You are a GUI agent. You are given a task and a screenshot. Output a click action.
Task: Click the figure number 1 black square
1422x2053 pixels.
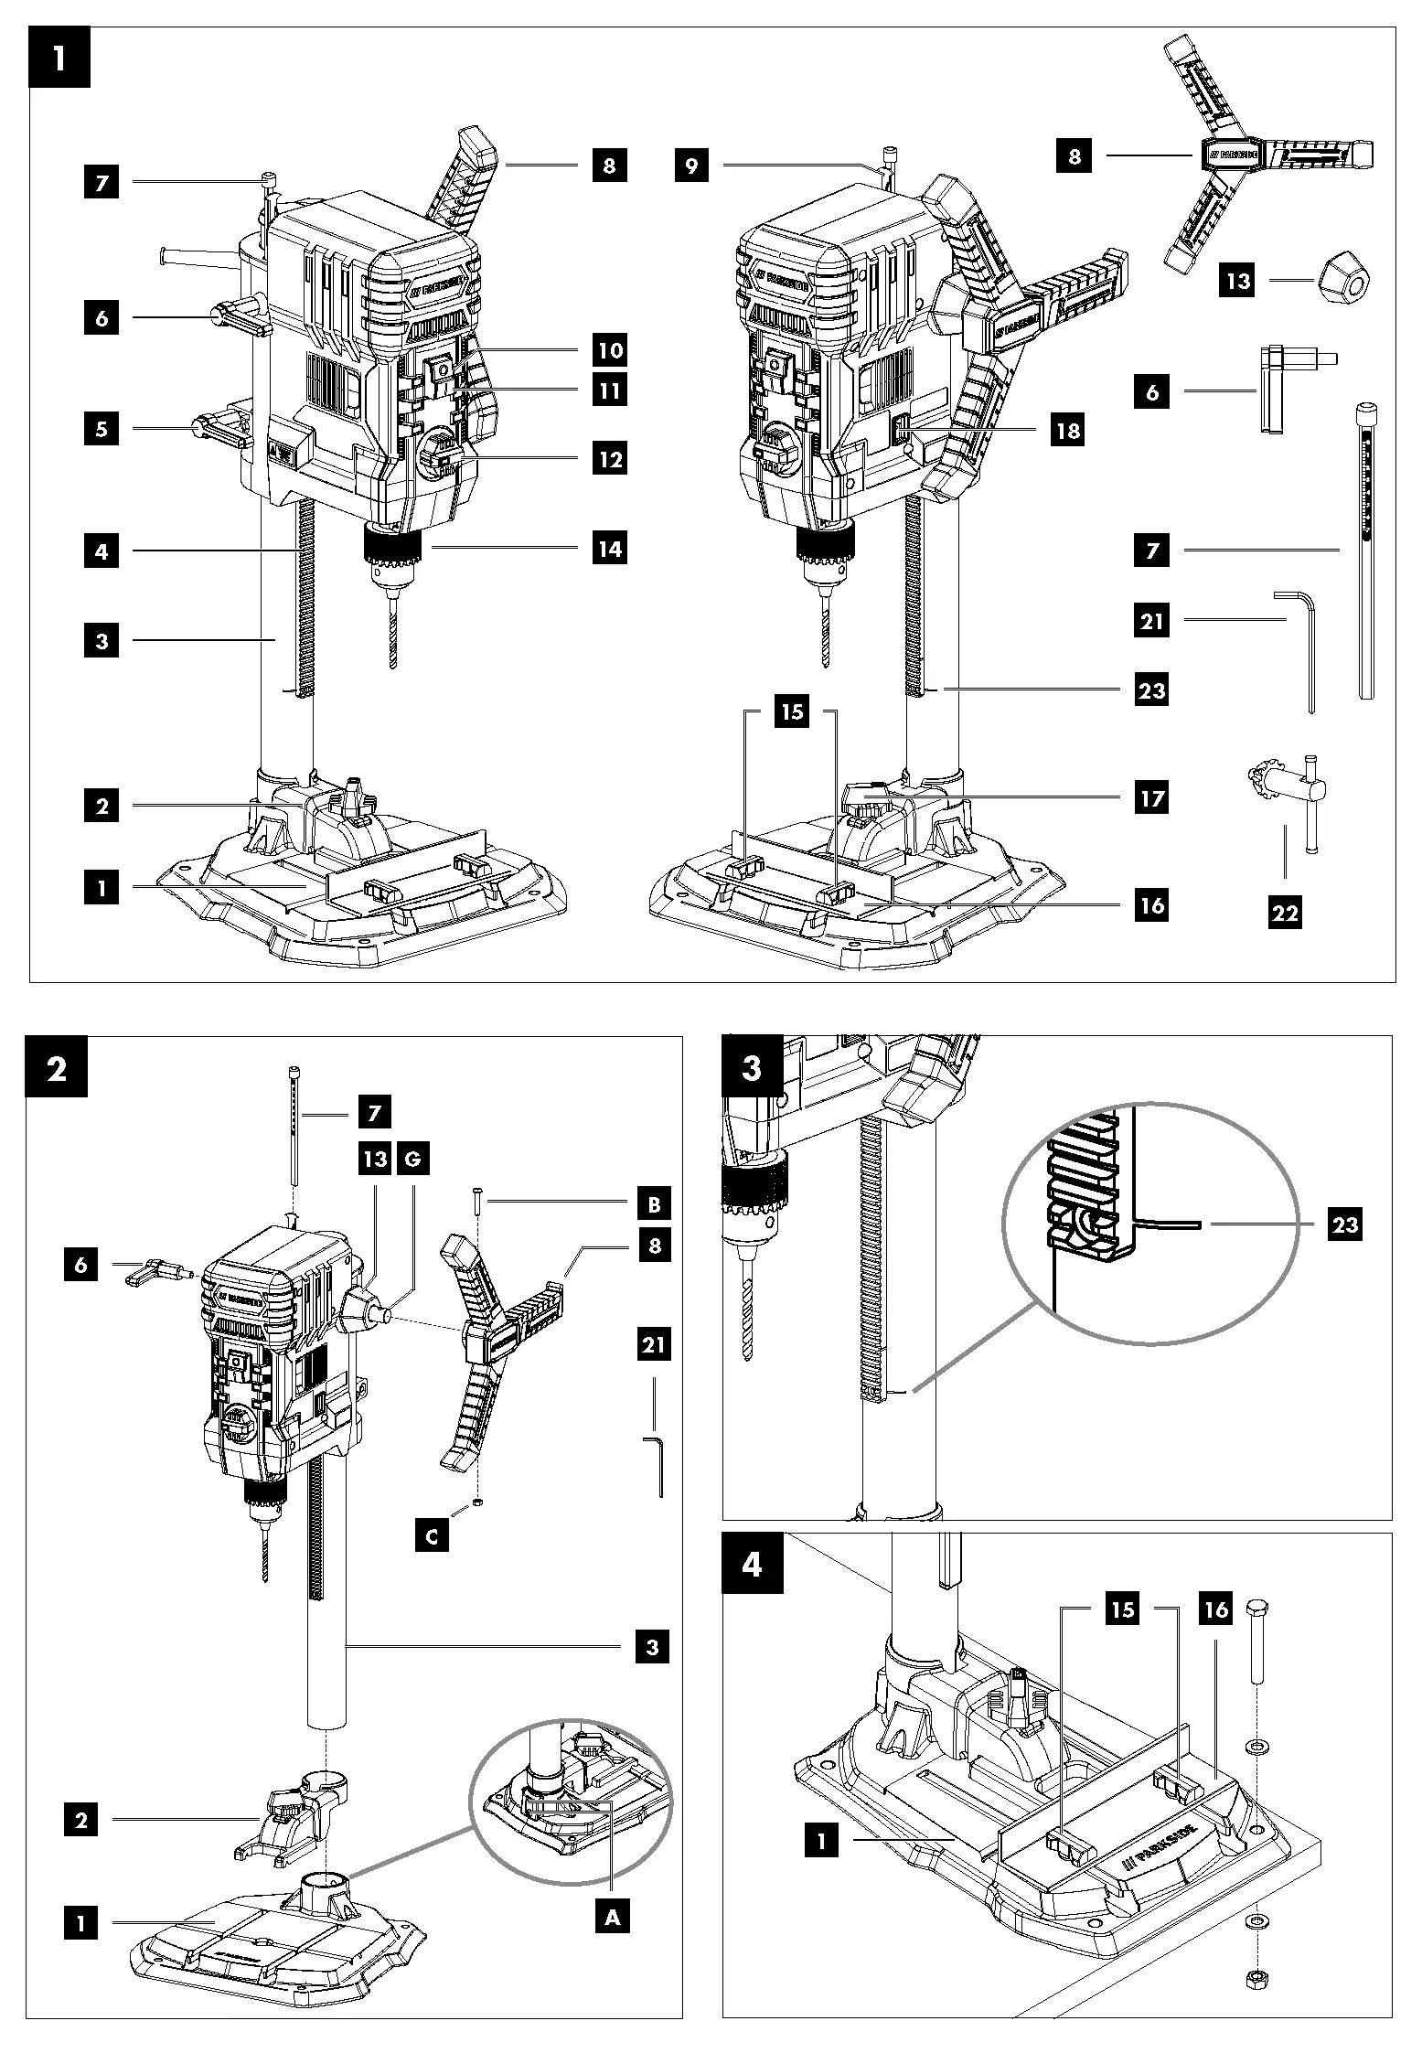59,58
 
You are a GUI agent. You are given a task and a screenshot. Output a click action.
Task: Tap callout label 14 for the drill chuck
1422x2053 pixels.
610,549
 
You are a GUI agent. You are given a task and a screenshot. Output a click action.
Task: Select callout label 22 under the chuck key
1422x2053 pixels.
1285,912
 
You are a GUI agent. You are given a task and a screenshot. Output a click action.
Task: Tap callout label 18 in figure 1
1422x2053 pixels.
1067,430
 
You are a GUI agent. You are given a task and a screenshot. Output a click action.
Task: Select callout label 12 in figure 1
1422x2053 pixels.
610,459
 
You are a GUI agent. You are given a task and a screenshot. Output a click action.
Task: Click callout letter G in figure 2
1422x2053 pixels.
413,1160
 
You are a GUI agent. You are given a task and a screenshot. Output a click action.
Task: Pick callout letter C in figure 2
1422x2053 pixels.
432,1536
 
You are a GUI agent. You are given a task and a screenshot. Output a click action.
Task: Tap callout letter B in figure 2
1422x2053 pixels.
653,1204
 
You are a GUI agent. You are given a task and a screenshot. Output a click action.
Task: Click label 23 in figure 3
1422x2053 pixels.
1344,1224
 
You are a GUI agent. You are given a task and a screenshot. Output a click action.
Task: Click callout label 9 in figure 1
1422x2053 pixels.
692,166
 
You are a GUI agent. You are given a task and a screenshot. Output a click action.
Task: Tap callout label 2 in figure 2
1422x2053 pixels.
81,1820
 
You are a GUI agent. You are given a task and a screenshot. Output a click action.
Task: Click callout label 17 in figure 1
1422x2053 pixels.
1151,798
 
